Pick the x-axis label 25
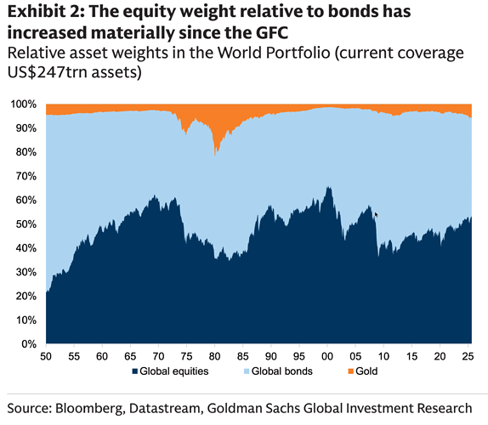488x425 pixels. [467, 355]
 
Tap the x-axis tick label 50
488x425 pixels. [46, 355]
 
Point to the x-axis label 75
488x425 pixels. [186, 355]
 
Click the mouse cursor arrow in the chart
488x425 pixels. [376, 214]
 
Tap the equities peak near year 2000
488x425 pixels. [328, 189]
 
